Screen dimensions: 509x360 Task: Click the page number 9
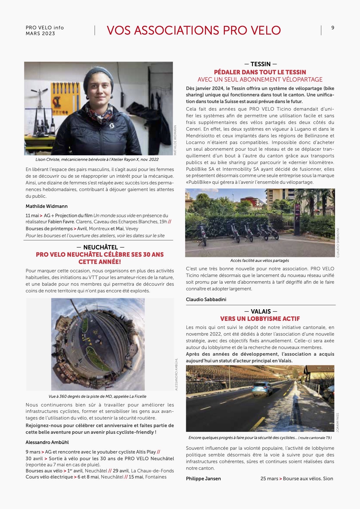[x=333, y=28]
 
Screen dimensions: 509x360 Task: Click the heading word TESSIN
[x=260, y=64]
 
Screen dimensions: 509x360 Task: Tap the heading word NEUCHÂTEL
[x=100, y=247]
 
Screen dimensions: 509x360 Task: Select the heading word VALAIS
[x=261, y=312]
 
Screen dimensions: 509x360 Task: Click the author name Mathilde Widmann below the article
[x=46, y=206]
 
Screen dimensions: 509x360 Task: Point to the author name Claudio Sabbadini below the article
[x=206, y=300]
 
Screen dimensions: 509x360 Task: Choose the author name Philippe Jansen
[x=203, y=479]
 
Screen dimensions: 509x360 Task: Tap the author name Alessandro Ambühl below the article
[x=47, y=443]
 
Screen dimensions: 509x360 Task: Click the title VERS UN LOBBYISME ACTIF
[x=260, y=319]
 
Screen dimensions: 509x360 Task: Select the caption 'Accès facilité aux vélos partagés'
[x=260, y=261]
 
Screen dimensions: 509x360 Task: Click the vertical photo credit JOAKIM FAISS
[x=338, y=422]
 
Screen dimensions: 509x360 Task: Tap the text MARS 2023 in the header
[x=40, y=34]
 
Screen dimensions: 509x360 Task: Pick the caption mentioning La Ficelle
[x=98, y=397]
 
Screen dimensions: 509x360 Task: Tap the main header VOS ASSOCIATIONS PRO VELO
[x=194, y=30]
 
